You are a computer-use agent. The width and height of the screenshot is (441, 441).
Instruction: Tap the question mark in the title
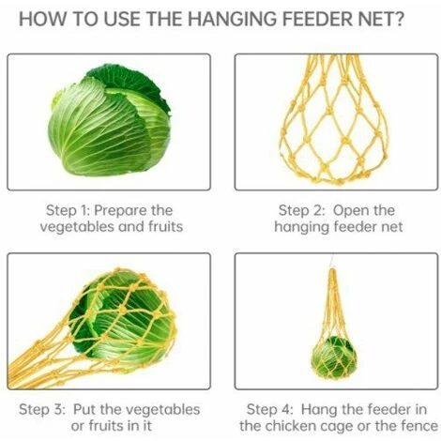(x=399, y=19)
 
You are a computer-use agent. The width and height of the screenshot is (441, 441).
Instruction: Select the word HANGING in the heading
(x=232, y=19)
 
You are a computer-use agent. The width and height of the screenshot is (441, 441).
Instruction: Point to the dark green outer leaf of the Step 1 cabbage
(x=131, y=82)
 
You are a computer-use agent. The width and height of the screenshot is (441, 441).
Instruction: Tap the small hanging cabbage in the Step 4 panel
(x=334, y=357)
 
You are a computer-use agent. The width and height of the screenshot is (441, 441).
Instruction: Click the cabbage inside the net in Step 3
(x=122, y=317)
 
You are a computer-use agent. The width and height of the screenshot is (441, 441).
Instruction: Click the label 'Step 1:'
(x=68, y=210)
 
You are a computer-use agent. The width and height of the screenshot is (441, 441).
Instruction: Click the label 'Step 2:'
(x=302, y=210)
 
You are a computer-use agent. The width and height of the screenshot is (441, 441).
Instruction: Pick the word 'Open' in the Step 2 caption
(x=349, y=211)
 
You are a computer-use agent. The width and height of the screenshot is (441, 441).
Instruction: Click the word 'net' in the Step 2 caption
(x=392, y=227)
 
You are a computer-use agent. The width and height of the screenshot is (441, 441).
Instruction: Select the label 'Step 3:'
(x=42, y=409)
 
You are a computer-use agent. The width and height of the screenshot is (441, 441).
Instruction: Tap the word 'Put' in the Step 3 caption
(x=84, y=409)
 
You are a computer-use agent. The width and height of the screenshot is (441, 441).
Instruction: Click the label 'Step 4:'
(x=270, y=409)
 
